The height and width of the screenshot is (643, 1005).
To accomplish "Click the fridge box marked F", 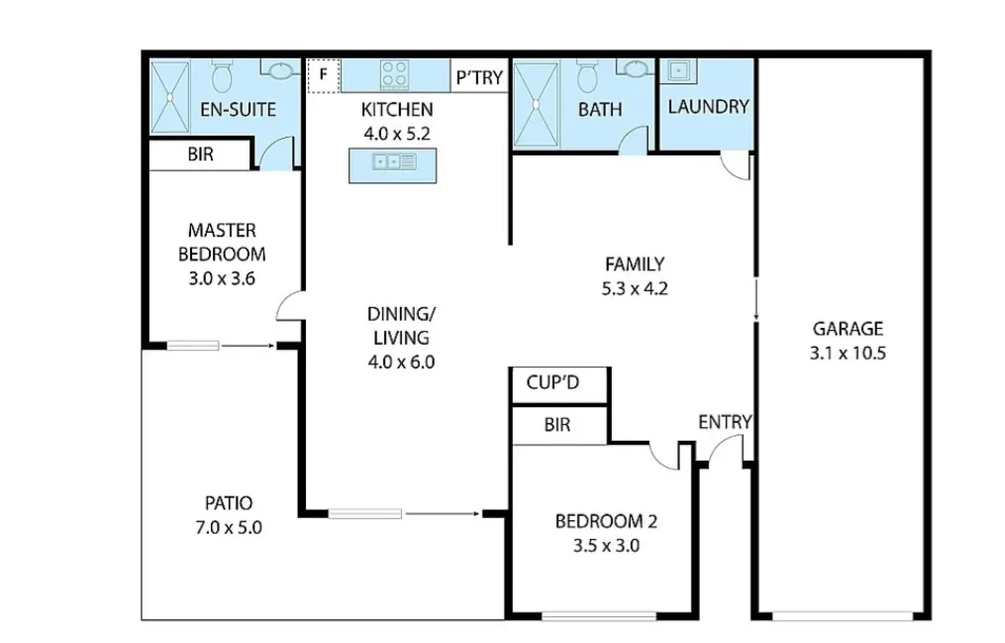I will (323, 75).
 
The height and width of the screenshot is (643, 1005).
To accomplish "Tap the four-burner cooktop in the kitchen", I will (395, 74).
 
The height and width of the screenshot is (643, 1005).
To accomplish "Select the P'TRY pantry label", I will (479, 77).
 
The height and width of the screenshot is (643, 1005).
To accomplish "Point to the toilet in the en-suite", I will (223, 74).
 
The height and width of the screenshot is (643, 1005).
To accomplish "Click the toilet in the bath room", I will (587, 74).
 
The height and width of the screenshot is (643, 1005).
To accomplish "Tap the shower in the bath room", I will (536, 102).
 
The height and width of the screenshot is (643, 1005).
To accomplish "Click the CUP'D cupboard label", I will (553, 382).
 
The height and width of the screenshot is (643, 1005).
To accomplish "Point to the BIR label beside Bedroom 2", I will (556, 425).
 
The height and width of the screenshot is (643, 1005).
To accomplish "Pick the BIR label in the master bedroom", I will (200, 155).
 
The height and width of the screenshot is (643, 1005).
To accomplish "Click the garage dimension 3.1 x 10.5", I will (848, 352).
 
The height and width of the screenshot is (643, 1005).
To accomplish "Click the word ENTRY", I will (725, 422).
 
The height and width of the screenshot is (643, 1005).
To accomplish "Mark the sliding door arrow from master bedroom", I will (248, 346).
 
